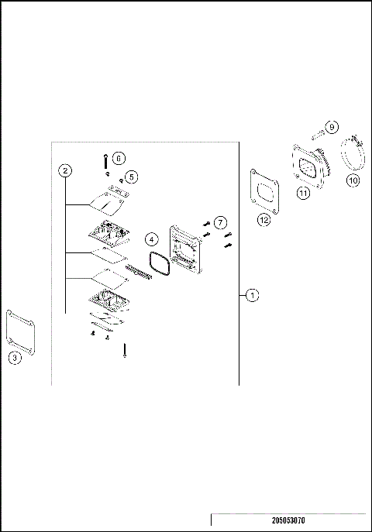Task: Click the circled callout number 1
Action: pos(252,295)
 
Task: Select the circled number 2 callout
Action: pos(66,170)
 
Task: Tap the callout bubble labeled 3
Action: pos(15,357)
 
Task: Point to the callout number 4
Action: pos(153,239)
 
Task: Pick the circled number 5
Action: pos(132,177)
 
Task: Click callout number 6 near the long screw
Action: pos(118,157)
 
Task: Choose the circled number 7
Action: pos(220,223)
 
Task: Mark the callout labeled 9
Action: pos(331,126)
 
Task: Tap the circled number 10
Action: pos(352,180)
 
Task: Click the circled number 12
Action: pos(265,220)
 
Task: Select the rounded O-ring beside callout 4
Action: pos(159,265)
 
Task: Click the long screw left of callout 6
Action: pos(103,161)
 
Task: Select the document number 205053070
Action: pos(288,521)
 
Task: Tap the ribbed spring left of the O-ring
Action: pos(138,273)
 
